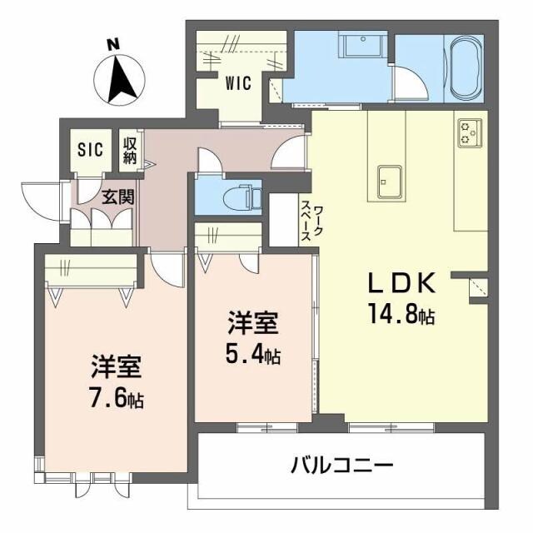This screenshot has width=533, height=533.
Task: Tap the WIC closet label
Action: tap(238, 83)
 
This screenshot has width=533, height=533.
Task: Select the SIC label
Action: tap(90, 150)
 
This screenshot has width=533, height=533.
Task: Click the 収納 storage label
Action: tap(130, 150)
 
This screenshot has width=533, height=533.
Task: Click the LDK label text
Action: tap(402, 284)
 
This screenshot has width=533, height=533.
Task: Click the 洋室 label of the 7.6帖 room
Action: tap(117, 366)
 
